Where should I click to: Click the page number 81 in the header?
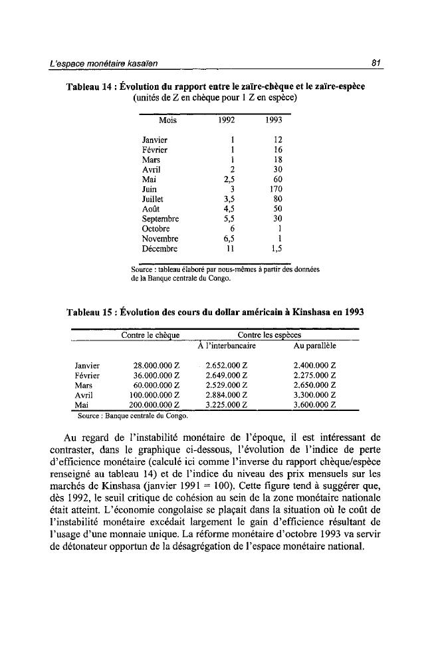pos(376,63)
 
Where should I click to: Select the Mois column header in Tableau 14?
pos(168,121)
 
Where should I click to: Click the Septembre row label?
pos(162,218)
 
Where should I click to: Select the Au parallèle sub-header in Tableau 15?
pos(314,346)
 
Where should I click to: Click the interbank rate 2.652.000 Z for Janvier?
pos(227,365)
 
